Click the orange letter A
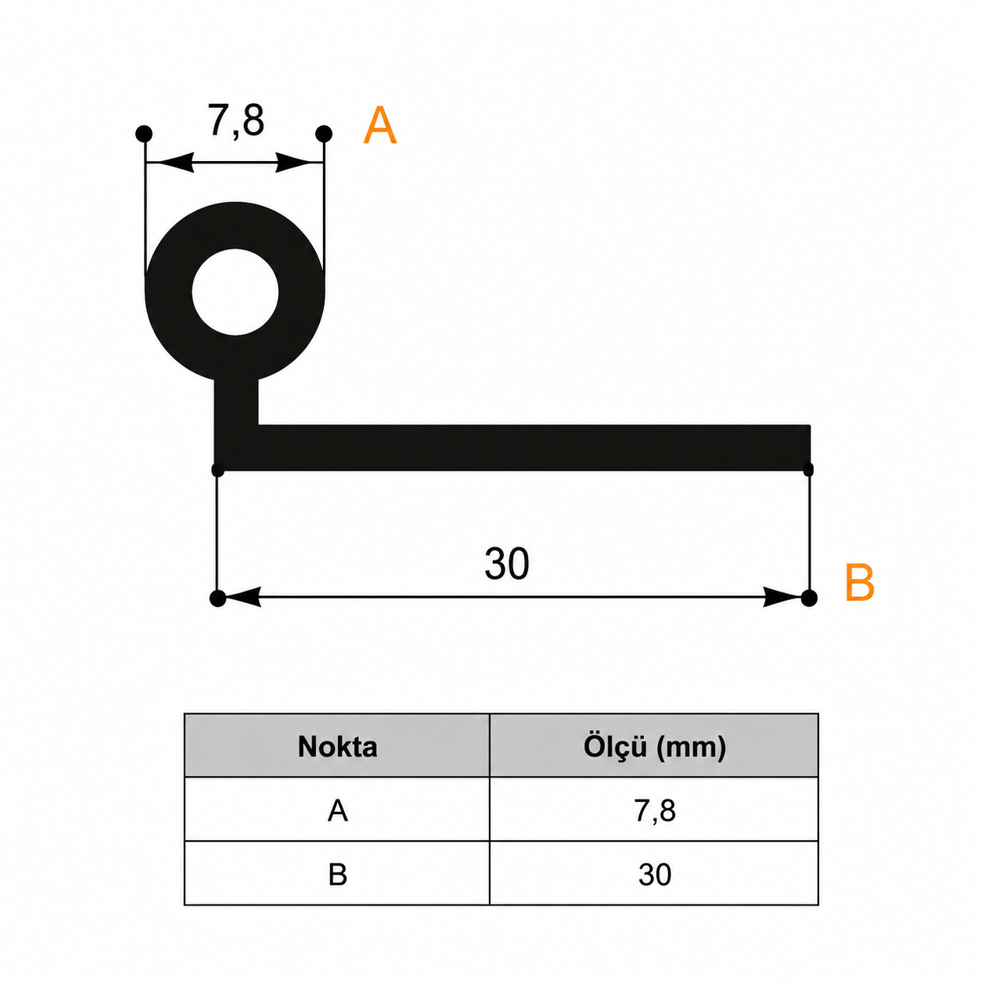[x=379, y=125]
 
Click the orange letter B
[x=860, y=582]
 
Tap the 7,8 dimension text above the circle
[x=235, y=120]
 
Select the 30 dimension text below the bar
[x=507, y=563]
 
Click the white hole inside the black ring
[x=235, y=292]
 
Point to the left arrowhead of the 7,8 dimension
[x=170, y=163]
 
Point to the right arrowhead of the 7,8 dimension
[x=300, y=163]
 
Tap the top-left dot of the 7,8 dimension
[x=144, y=134]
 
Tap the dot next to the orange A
[x=324, y=134]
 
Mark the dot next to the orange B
[x=809, y=598]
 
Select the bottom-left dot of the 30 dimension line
[x=218, y=598]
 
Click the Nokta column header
[x=337, y=747]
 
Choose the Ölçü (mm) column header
[x=655, y=747]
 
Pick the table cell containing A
[x=337, y=811]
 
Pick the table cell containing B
[x=337, y=875]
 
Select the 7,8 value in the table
[x=655, y=811]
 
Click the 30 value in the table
[x=655, y=875]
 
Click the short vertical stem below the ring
[x=236, y=402]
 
